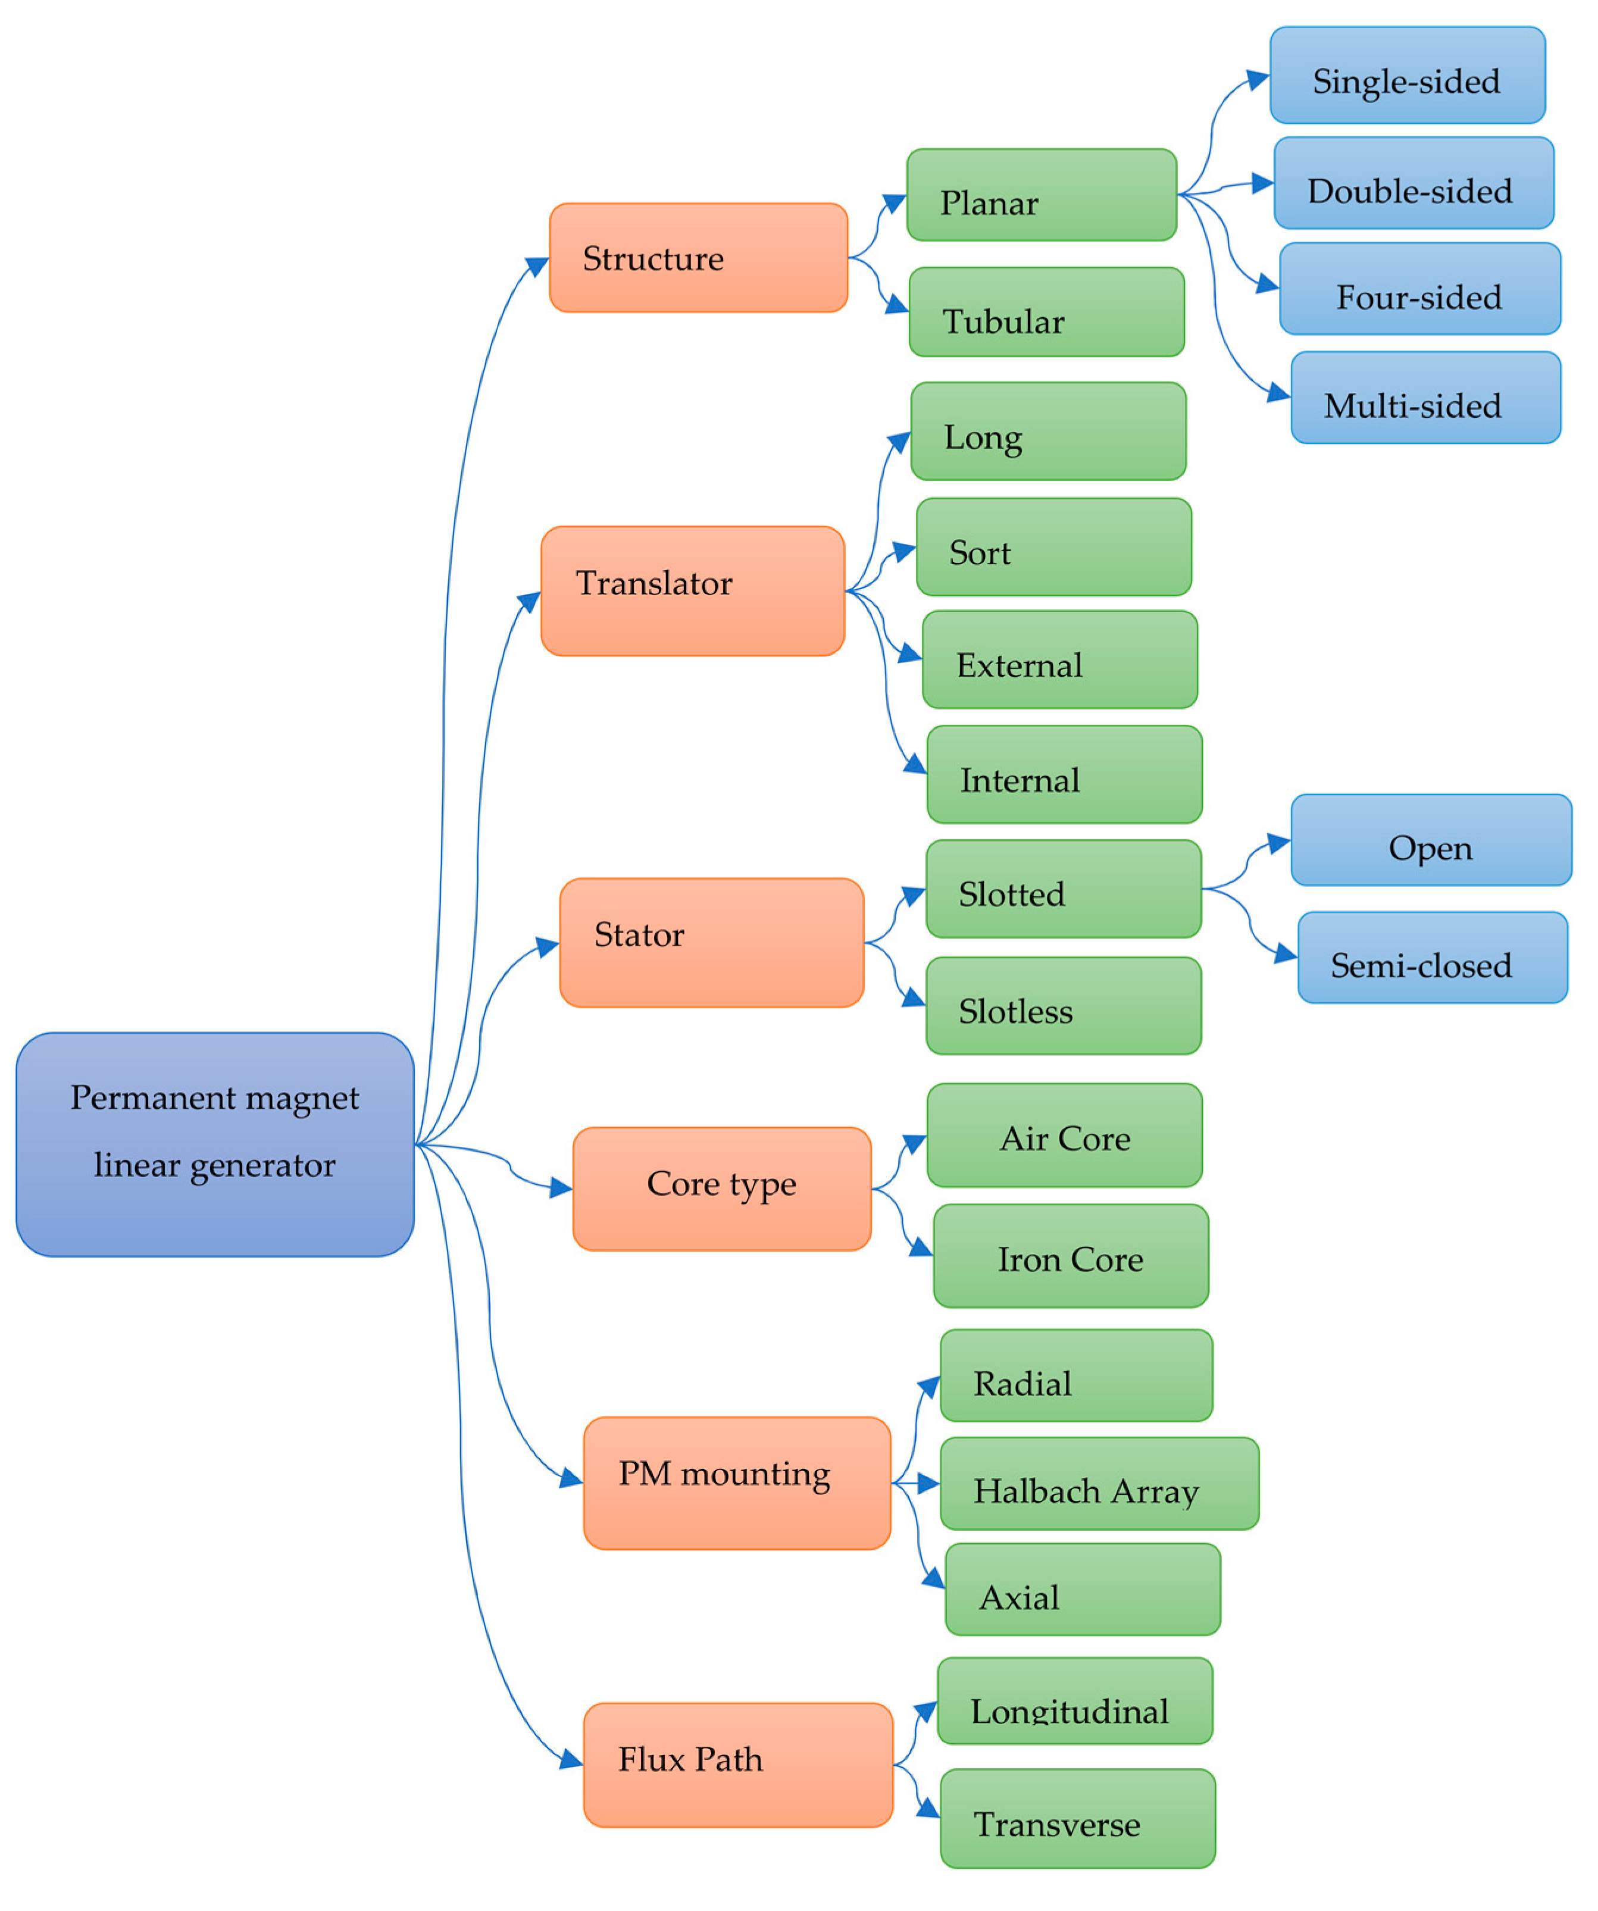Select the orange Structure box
coord(698,258)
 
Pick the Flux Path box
coord(737,1765)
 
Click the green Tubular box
coord(1046,312)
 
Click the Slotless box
coord(1063,1006)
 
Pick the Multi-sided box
coord(1425,398)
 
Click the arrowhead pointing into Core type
coord(561,1188)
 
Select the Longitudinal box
coord(1074,1701)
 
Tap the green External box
coord(1059,660)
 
